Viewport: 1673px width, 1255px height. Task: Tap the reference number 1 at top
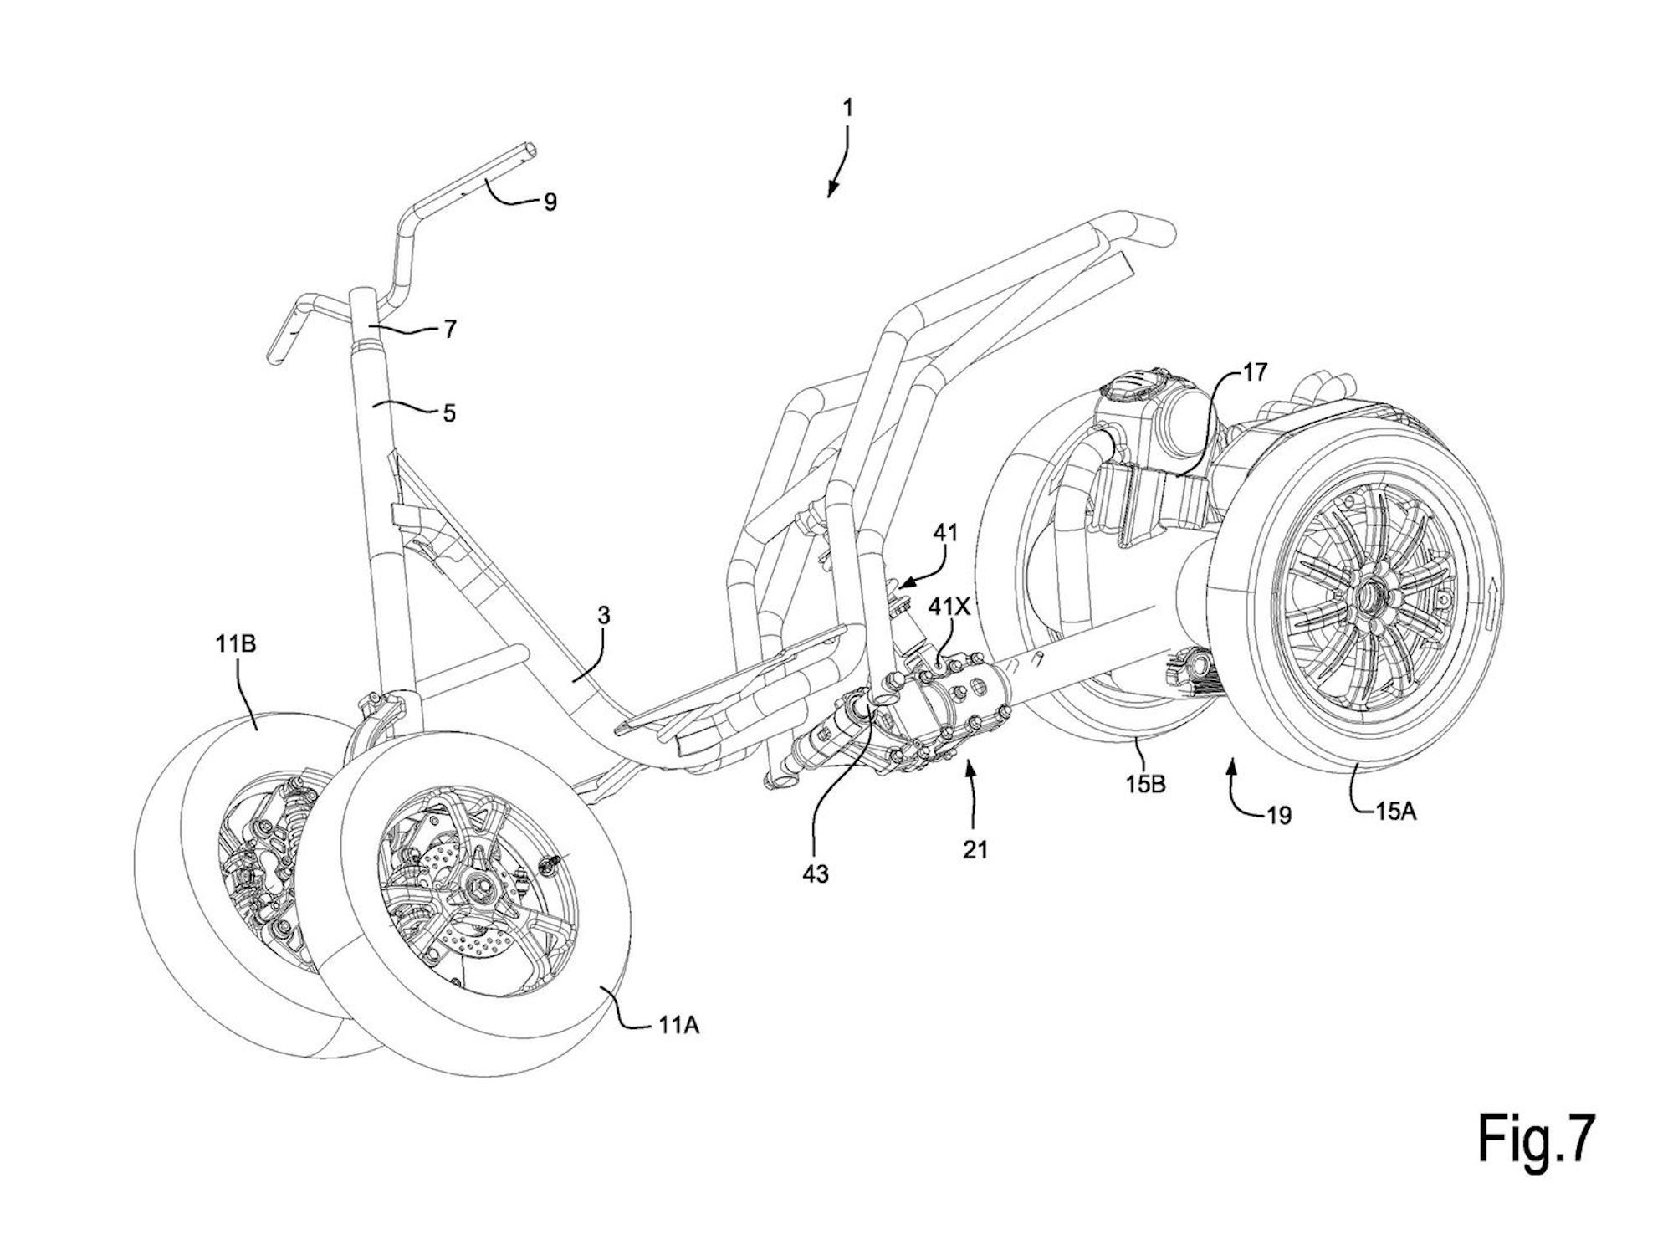(848, 109)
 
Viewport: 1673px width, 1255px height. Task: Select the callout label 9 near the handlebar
(550, 202)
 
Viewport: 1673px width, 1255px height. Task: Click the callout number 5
(449, 412)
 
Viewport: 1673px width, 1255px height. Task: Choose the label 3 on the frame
(603, 617)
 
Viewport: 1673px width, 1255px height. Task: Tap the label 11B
(239, 645)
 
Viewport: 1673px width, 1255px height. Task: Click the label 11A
(678, 1024)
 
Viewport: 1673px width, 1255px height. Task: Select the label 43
(816, 873)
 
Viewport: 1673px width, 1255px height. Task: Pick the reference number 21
(975, 849)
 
